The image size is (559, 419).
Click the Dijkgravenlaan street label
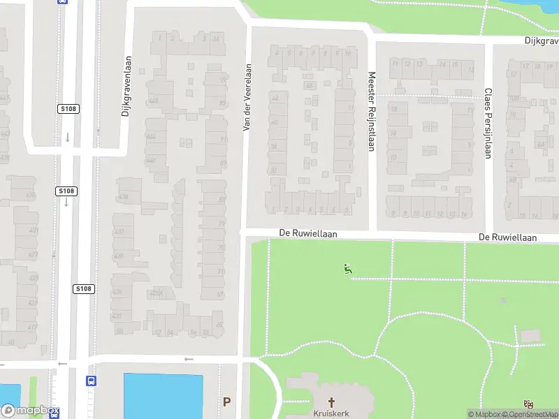126,86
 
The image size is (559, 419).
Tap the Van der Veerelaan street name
246,98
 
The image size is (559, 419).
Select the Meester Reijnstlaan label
372,112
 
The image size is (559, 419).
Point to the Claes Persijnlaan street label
488,123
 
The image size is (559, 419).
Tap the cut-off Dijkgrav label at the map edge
542,41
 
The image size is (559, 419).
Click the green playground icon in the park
347,268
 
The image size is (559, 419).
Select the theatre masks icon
528,404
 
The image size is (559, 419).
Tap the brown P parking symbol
226,402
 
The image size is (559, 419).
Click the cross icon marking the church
333,402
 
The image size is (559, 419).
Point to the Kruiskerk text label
333,413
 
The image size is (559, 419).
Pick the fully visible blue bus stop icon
91,381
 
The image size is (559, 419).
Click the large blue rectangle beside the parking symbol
163,396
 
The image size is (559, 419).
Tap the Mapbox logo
30,411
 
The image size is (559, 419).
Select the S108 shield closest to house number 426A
83,288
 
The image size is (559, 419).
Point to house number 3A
216,38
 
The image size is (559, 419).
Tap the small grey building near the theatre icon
530,337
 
